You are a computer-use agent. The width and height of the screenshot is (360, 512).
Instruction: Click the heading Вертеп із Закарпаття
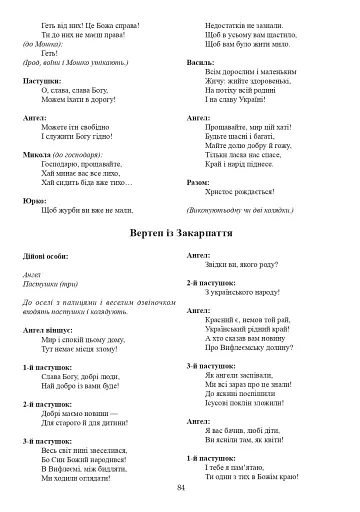[x=181, y=232]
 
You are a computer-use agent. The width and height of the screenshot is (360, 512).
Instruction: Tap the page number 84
[x=181, y=487]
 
